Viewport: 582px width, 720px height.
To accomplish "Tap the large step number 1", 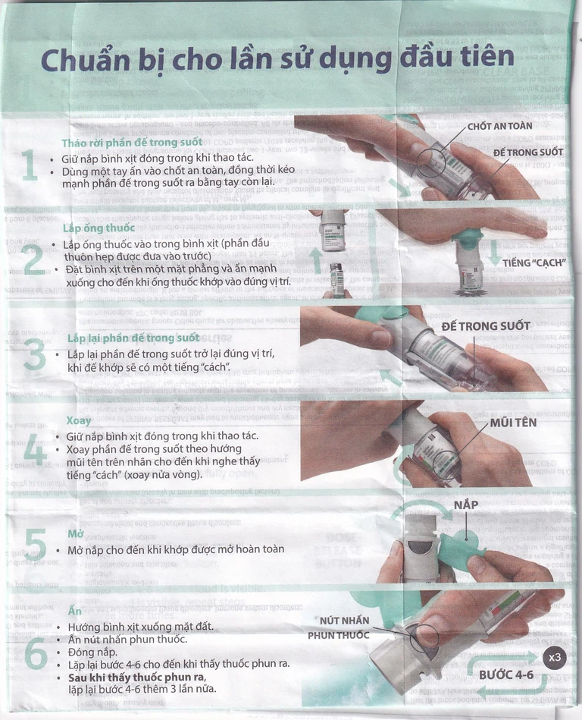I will [29, 165].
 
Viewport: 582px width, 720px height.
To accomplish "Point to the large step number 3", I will [34, 354].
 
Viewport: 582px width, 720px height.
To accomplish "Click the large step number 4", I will [34, 449].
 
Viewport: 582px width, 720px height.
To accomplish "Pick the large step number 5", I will [35, 543].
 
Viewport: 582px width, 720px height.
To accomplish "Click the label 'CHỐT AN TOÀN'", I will [499, 126].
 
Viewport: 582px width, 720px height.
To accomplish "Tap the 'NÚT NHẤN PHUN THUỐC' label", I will [339, 627].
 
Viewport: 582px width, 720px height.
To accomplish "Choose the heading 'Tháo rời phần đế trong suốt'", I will [131, 143].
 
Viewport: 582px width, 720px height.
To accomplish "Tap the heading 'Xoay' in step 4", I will [79, 420].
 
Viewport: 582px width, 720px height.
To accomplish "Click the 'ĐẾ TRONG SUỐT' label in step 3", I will [486, 326].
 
